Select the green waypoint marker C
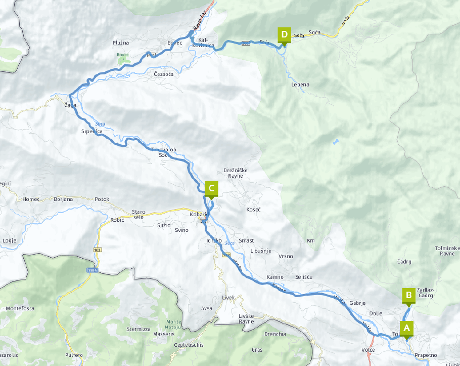211,189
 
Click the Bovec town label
174,44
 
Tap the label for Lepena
300,85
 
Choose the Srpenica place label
92,132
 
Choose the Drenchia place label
275,334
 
